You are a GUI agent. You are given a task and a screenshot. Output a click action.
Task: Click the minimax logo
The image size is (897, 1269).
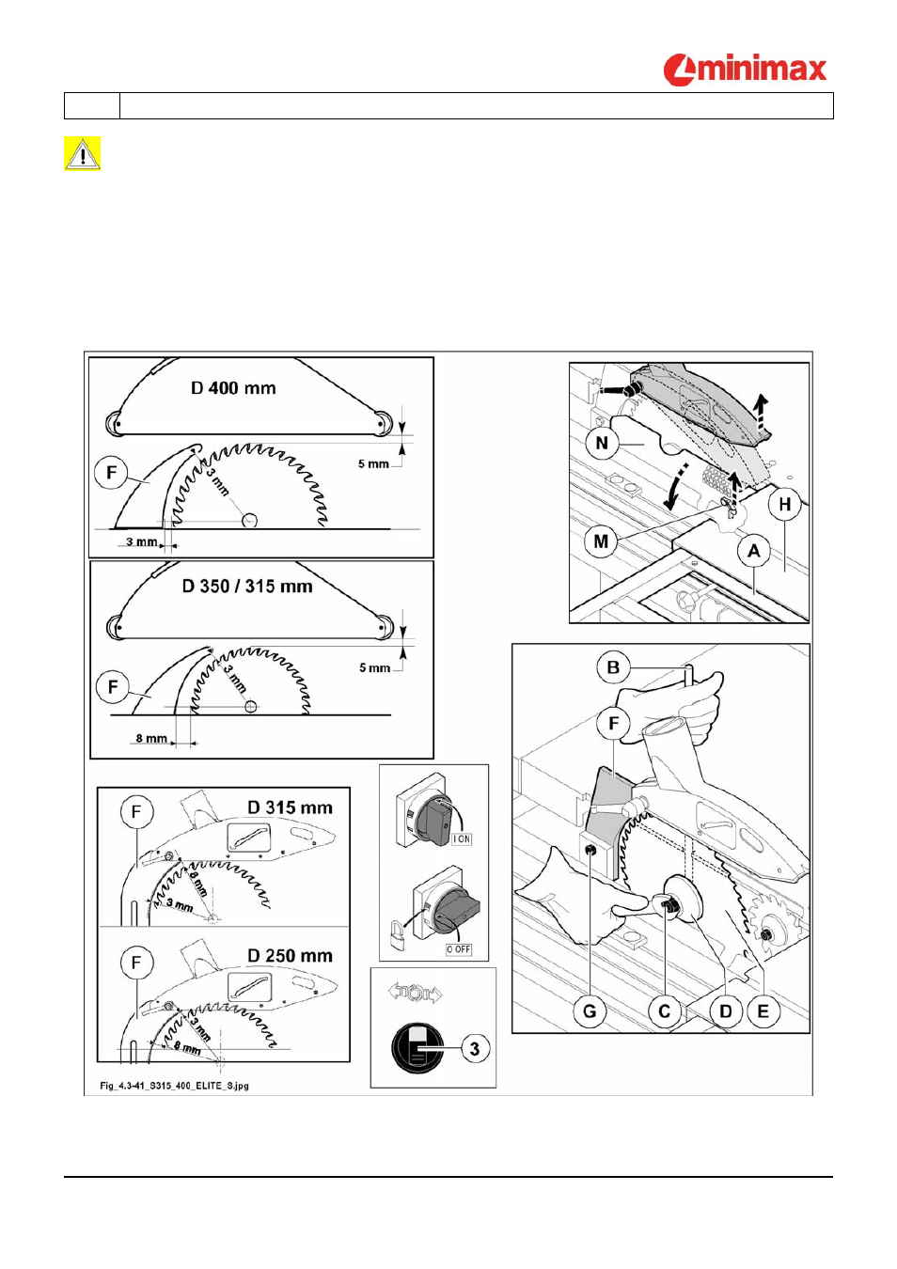(745, 70)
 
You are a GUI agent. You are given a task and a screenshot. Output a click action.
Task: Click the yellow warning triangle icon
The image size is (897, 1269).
(82, 153)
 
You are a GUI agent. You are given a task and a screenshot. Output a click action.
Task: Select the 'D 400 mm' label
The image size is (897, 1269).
(233, 388)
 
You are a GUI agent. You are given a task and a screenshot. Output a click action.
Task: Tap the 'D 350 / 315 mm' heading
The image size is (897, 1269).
(247, 586)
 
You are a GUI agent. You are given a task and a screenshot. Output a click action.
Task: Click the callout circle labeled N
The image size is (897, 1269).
(602, 443)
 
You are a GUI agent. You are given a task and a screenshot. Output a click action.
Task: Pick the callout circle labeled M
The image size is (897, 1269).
(601, 541)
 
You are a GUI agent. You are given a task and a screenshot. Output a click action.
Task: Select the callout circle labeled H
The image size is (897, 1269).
(785, 504)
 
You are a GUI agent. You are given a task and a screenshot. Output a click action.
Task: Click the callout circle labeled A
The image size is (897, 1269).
(754, 551)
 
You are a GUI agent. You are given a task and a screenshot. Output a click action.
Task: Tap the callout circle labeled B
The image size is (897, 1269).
(614, 667)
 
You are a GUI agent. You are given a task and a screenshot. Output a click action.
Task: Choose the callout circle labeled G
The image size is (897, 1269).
(590, 1011)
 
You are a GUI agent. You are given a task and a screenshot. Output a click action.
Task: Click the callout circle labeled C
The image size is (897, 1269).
(665, 1011)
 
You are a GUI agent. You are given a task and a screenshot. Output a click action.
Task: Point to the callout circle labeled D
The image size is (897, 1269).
(726, 1011)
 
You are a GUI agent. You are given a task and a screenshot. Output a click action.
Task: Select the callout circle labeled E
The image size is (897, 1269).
(763, 1011)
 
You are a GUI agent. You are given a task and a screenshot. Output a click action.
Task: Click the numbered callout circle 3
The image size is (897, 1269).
(474, 1049)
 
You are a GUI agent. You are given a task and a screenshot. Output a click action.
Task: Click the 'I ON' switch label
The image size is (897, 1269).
(462, 838)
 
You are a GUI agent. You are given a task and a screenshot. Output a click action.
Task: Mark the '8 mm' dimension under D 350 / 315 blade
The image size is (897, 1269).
(151, 738)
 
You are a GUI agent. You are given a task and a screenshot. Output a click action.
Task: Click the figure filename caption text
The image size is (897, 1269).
(175, 1086)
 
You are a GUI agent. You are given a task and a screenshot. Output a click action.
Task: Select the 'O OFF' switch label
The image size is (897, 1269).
(459, 948)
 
